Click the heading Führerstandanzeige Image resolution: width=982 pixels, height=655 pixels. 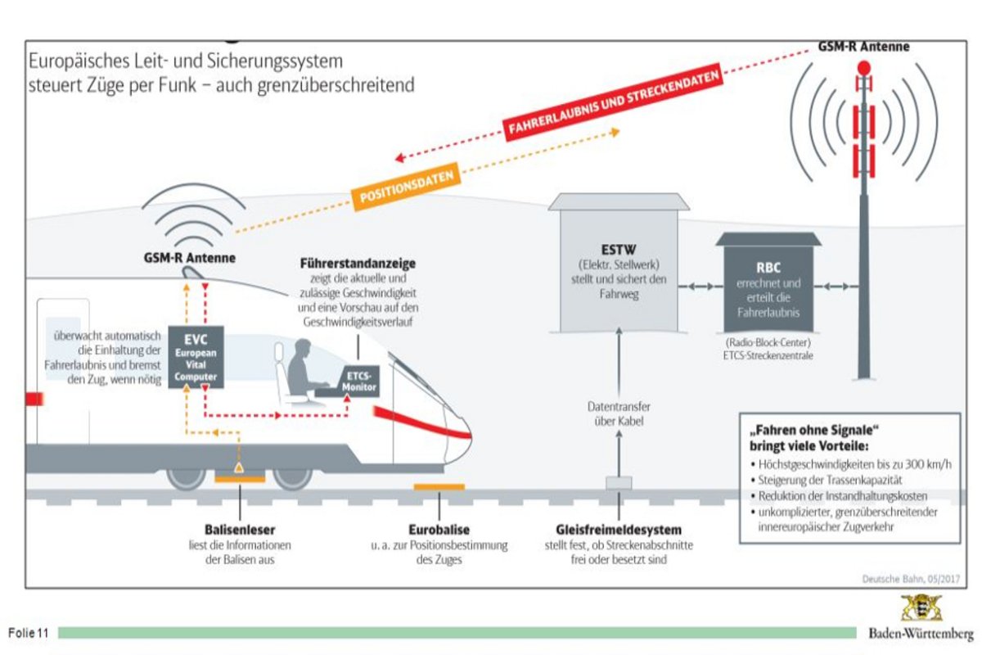357,264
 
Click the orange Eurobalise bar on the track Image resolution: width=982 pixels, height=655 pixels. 439,487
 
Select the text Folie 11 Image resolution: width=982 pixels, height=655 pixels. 29,633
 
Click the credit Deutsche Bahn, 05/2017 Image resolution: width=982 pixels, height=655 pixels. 908,578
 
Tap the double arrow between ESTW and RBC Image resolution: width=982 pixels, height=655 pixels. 696,286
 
